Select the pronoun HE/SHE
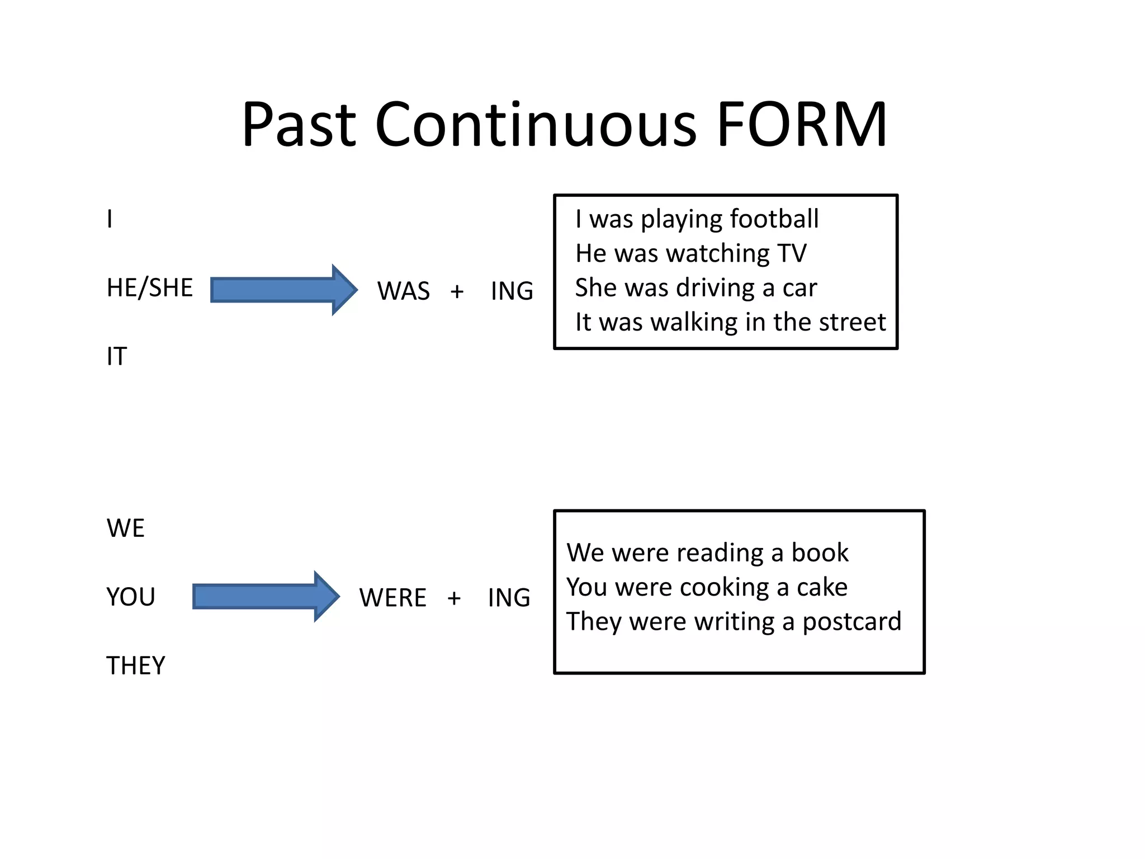[149, 287]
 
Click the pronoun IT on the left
[117, 356]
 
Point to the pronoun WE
[125, 528]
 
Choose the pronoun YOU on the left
[130, 597]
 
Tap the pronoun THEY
[136, 666]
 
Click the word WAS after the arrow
[403, 291]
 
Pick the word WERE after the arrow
[392, 598]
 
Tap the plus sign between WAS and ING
[457, 291]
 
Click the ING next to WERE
[509, 598]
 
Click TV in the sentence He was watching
[792, 253]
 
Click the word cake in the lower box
[822, 587]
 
